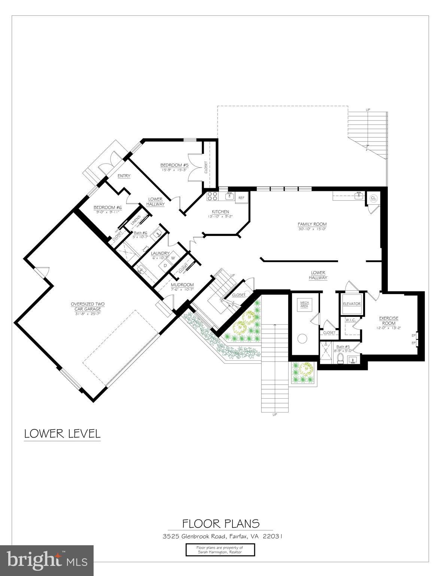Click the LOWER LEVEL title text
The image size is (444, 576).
click(62, 433)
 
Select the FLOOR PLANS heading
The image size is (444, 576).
click(221, 523)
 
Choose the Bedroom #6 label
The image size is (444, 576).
click(108, 207)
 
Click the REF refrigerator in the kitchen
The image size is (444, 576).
click(241, 197)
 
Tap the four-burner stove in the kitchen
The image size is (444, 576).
click(213, 196)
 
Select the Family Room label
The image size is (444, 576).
click(312, 224)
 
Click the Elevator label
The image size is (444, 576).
click(352, 304)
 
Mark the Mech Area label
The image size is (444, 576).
click(304, 304)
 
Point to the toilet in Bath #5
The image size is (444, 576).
click(340, 358)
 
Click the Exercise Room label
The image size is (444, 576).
click(389, 321)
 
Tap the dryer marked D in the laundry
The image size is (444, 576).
click(165, 265)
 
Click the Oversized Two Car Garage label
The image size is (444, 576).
click(88, 306)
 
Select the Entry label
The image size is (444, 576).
click(124, 176)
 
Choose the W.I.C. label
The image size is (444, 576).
click(350, 320)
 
